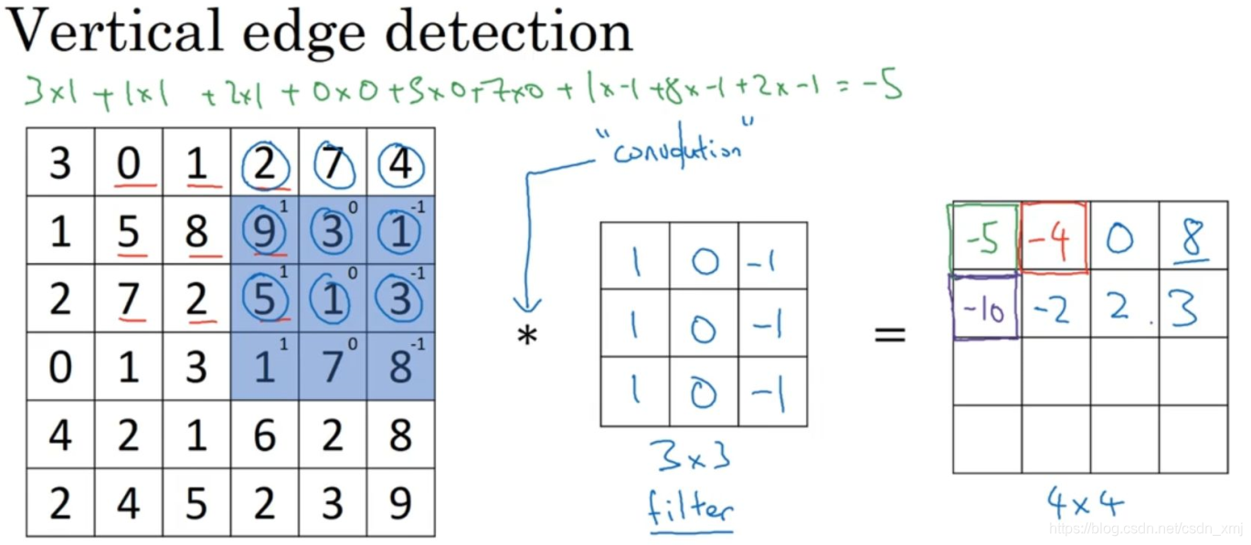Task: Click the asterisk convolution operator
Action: click(x=527, y=336)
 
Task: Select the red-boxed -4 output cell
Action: click(x=1055, y=239)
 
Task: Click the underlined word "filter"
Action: click(x=691, y=506)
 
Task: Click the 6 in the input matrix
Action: click(x=264, y=435)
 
